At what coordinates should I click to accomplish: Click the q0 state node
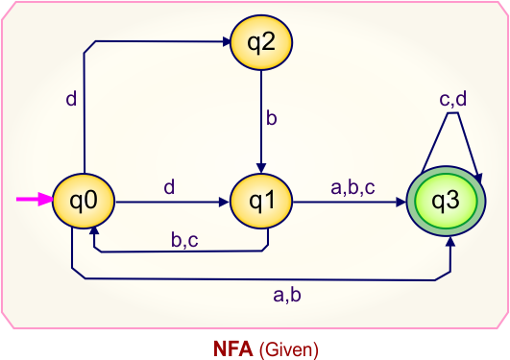[x=83, y=202]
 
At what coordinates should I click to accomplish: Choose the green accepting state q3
[x=446, y=202]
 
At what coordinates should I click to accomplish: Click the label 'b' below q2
[x=272, y=120]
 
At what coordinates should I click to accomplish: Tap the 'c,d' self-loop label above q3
[x=452, y=99]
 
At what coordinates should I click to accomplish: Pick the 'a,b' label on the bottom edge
[x=287, y=295]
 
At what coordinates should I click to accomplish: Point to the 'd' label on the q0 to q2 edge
[x=71, y=98]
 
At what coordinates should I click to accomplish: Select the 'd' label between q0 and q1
[x=169, y=187]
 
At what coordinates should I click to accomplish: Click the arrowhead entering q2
[x=223, y=43]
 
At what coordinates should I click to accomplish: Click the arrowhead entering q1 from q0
[x=225, y=203]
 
